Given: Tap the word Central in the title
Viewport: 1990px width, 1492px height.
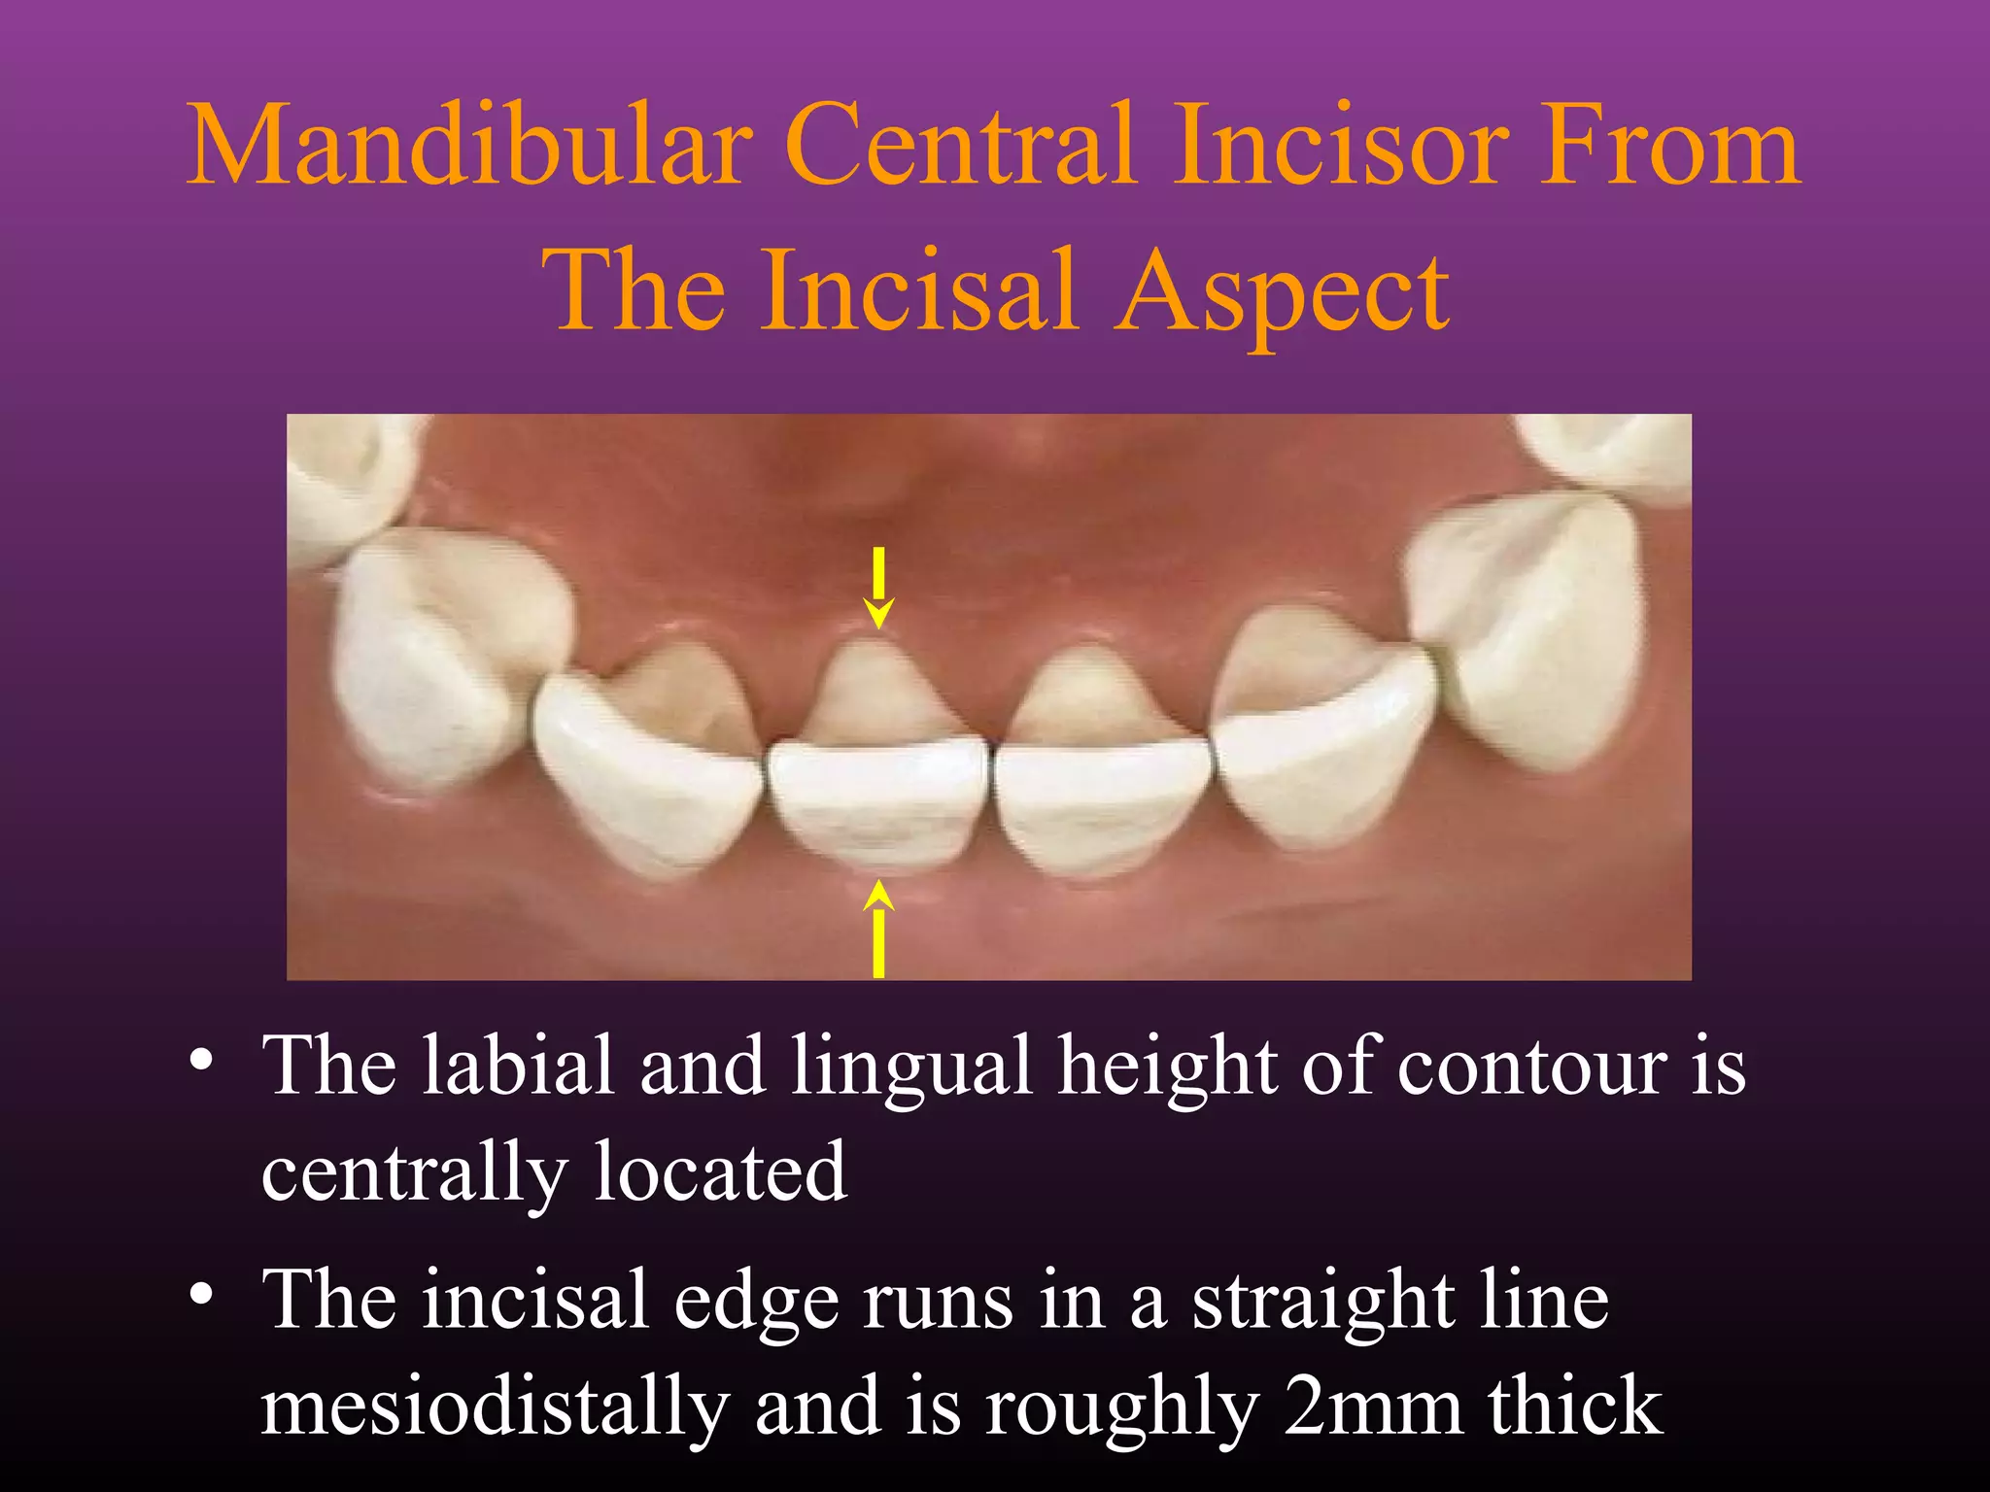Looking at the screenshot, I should (x=962, y=146).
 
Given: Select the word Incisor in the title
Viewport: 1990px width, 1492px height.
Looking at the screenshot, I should (x=1341, y=146).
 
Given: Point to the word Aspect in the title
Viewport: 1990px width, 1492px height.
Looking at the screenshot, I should (x=1283, y=291).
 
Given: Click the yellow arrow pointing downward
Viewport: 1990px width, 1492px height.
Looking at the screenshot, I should (x=878, y=588).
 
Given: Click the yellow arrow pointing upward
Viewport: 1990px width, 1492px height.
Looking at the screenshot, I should (x=878, y=928).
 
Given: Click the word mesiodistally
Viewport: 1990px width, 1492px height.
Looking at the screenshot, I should (x=495, y=1408).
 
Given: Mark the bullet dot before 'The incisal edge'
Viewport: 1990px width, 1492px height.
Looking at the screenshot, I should (x=201, y=1294).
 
